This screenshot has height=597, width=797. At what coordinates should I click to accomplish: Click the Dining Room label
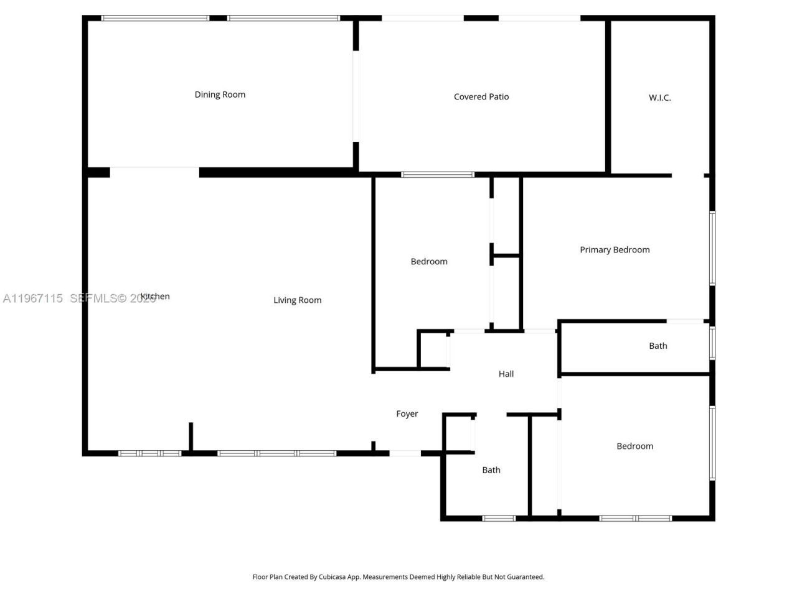[220, 95]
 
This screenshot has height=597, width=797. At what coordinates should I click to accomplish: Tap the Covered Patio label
[481, 96]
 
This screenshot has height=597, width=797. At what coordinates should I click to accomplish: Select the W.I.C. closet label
[659, 98]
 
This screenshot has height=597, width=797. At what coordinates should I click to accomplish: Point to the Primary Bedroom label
[615, 249]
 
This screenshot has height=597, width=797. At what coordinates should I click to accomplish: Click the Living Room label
[298, 300]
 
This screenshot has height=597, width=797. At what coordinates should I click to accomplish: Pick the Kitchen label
[155, 296]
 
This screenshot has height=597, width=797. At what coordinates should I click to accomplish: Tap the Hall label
[506, 374]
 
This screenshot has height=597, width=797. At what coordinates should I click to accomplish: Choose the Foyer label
[407, 414]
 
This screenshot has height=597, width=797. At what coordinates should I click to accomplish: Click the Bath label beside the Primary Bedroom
[658, 346]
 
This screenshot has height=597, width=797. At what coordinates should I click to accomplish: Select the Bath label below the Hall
[491, 470]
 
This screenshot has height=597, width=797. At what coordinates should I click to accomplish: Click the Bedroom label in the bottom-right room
[634, 446]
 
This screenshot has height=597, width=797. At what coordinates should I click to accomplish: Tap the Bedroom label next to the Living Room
[429, 261]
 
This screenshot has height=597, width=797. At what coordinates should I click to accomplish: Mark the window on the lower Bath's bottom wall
[499, 518]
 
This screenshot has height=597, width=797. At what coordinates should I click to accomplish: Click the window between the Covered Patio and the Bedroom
[438, 175]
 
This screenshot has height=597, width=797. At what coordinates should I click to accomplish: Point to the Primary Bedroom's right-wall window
[712, 248]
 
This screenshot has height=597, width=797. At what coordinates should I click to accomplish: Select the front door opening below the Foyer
[405, 453]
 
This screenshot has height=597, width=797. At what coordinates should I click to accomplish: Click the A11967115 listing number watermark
[32, 298]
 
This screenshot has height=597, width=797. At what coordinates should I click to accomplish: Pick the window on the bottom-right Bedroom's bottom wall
[636, 518]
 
